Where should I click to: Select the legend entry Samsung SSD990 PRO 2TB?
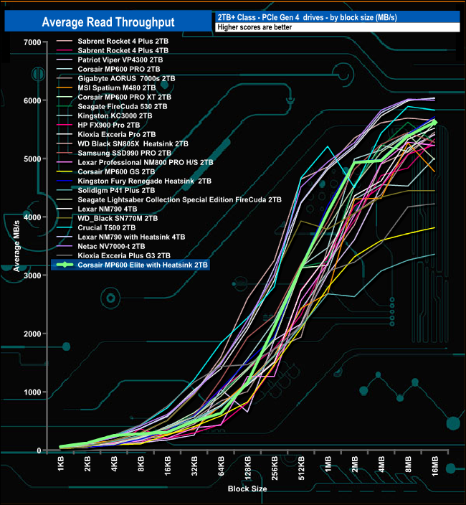coord(124,153)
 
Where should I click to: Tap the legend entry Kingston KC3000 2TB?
coord(115,115)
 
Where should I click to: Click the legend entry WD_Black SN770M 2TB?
coord(119,217)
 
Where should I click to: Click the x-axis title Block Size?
coord(247,488)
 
